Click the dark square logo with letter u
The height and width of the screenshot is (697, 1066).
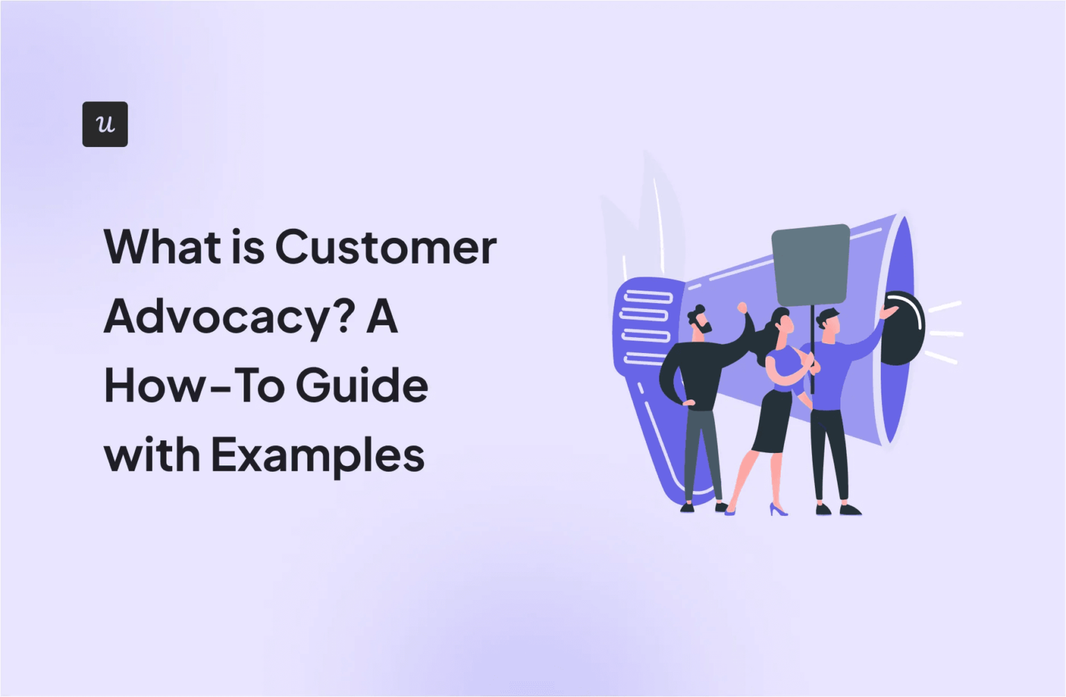click(105, 124)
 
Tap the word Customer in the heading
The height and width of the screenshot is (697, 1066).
click(386, 247)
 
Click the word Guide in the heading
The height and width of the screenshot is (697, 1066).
click(362, 386)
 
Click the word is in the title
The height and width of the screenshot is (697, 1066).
click(248, 247)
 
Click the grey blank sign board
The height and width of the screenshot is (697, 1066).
click(810, 264)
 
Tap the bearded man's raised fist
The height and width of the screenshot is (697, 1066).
click(743, 307)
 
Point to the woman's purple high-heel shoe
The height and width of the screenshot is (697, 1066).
click(778, 510)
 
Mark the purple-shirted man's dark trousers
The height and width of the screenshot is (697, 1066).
click(829, 451)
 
